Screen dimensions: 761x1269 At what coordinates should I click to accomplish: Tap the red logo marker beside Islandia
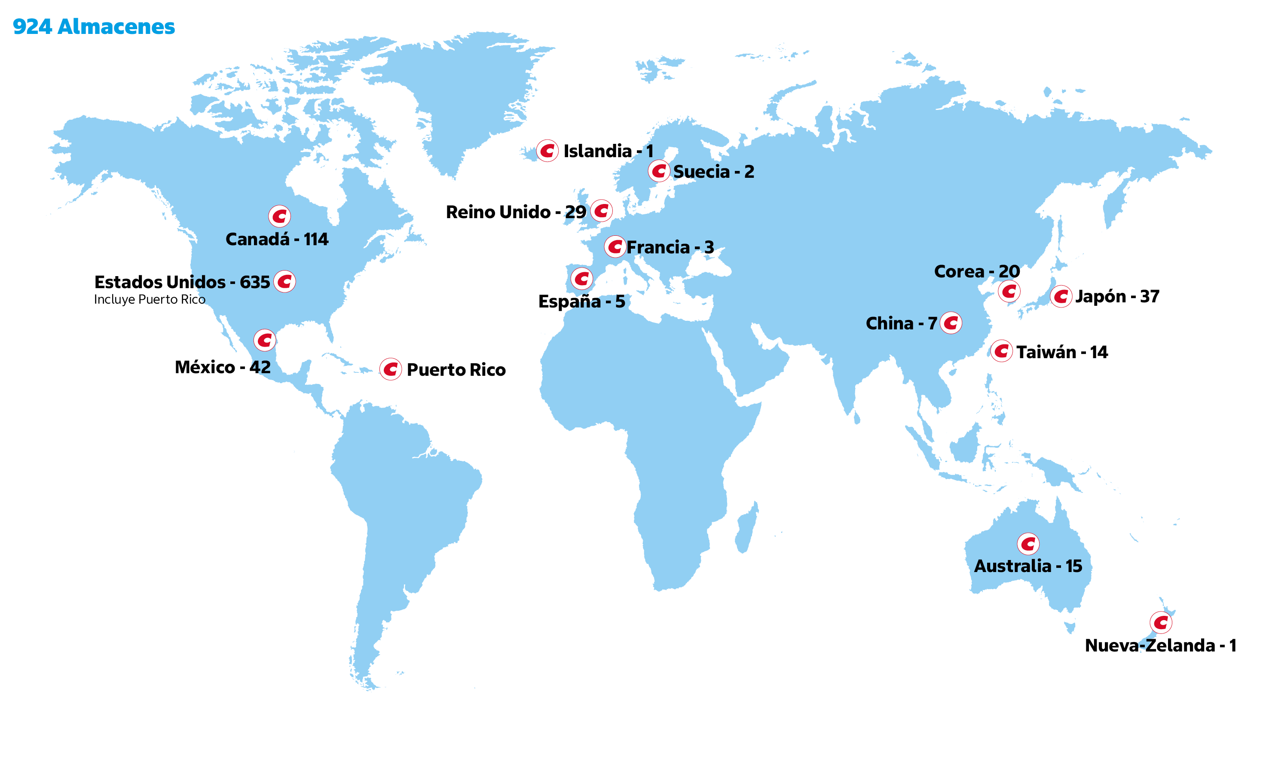547,151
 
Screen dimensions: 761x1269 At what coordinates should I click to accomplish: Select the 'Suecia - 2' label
713,172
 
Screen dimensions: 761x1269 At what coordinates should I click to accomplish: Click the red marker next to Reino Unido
601,211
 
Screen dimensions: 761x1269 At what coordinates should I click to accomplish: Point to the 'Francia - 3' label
670,247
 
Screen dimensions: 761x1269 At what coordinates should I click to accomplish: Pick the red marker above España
582,279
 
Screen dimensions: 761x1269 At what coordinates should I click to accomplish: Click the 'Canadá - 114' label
277,239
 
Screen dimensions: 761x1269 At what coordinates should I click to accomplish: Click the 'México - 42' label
222,367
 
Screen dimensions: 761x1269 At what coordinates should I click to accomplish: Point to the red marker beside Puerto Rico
391,369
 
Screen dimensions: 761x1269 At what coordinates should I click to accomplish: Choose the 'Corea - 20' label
976,271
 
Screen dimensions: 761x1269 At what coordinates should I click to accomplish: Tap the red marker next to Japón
1061,296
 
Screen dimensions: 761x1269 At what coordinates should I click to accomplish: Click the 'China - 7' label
901,323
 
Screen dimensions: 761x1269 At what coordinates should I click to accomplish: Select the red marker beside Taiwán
1001,351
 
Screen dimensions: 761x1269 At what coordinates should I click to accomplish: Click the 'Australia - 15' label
1028,566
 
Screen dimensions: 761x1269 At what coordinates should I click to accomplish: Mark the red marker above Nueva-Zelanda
1161,623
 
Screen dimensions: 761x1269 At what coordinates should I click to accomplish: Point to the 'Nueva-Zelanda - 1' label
1160,645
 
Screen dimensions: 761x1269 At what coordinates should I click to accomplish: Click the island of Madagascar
746,528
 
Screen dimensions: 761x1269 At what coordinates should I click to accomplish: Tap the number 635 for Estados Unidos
254,282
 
